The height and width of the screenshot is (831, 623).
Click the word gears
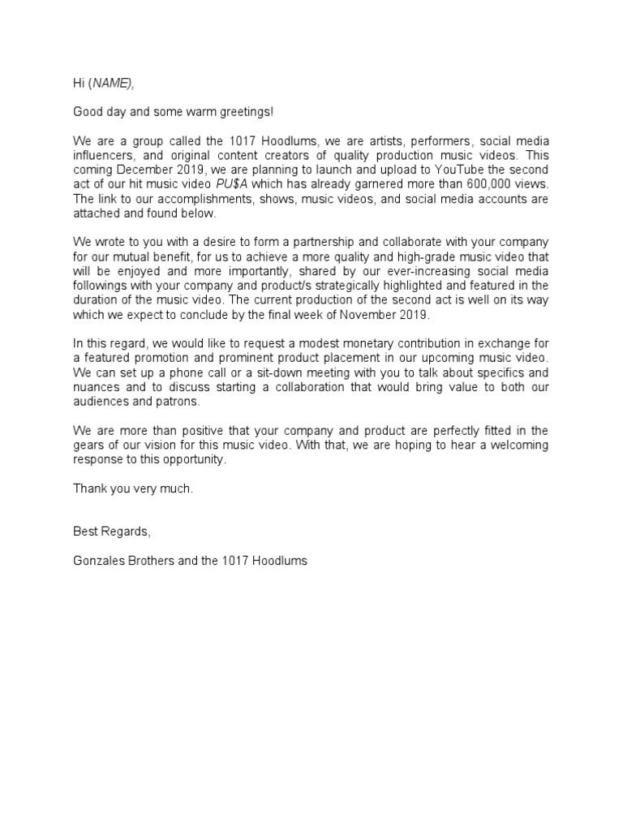[x=90, y=446]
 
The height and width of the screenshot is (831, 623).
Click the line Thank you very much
[x=133, y=489]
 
